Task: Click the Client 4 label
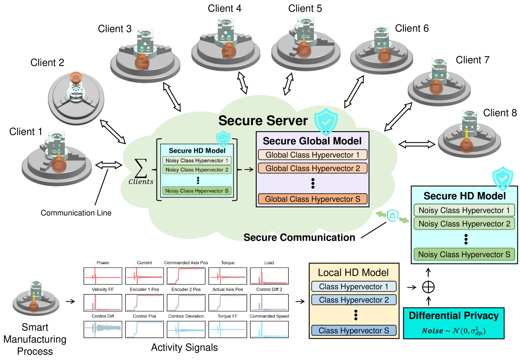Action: (224, 8)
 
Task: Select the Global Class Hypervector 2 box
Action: (312, 168)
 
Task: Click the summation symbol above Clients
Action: (141, 168)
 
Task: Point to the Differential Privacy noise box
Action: (454, 323)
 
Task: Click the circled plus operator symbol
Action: (428, 287)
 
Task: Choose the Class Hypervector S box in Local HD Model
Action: (354, 331)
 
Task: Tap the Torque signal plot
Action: (228, 276)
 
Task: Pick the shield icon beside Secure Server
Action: (326, 121)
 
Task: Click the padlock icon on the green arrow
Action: (392, 215)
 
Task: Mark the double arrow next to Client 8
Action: (417, 144)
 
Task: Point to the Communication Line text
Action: (76, 213)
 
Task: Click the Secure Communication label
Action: (299, 238)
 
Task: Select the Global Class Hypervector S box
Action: (312, 199)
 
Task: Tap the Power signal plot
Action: (103, 276)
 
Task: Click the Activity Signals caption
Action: (184, 347)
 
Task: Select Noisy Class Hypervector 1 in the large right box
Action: (464, 210)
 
